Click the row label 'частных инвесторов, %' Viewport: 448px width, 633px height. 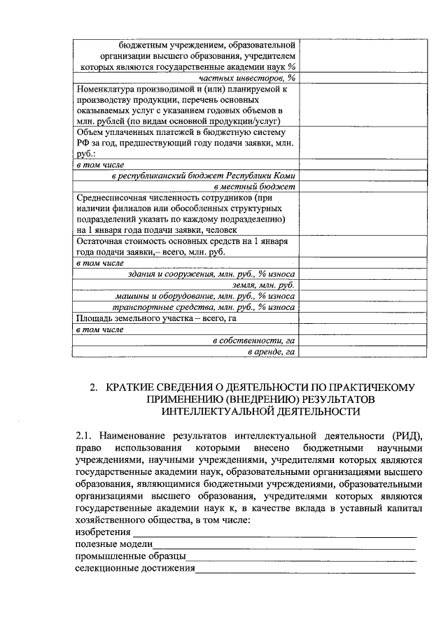247,78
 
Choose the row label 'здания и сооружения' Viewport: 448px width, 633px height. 206,275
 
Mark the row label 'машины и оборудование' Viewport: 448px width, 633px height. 204,297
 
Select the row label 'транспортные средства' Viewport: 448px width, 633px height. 204,308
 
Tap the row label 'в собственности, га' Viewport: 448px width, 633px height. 254,341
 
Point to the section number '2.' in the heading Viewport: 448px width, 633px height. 94,387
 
